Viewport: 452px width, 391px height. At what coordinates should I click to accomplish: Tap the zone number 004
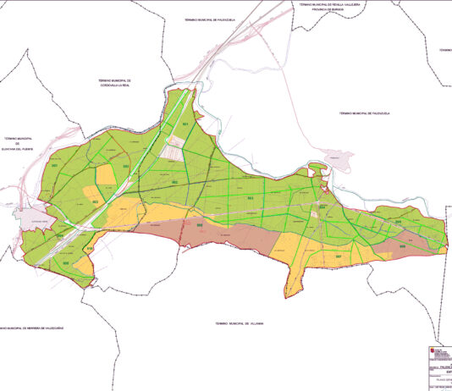322,207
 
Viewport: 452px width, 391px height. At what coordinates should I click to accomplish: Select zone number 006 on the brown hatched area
200,225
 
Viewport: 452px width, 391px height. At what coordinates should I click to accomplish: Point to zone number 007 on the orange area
338,256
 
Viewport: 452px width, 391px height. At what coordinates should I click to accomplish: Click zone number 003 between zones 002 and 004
251,198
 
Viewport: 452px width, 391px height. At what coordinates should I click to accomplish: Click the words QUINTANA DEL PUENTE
23,148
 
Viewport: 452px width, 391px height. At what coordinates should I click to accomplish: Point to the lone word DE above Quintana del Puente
23,143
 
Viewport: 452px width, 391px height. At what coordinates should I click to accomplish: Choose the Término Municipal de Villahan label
240,322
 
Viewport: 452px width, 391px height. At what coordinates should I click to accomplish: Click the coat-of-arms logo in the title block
425,356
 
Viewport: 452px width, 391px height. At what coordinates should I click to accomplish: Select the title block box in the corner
435,367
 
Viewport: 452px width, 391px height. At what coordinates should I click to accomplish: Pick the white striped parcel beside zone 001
173,151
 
